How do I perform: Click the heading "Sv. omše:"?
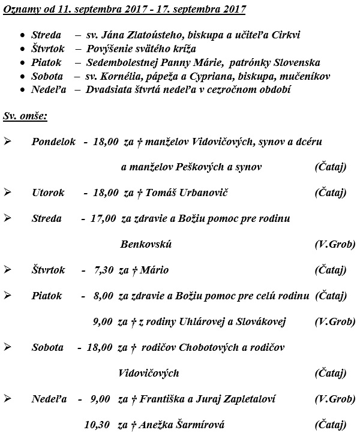[25, 114]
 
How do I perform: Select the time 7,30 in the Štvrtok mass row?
[104, 270]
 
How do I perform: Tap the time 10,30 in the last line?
[98, 425]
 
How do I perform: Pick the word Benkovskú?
[146, 244]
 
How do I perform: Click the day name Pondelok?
[53, 142]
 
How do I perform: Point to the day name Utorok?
[47, 193]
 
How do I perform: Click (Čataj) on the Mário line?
[331, 270]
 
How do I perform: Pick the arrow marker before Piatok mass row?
[7, 296]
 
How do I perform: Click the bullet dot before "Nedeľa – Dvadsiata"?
[22, 90]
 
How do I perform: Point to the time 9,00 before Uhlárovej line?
[103, 321]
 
